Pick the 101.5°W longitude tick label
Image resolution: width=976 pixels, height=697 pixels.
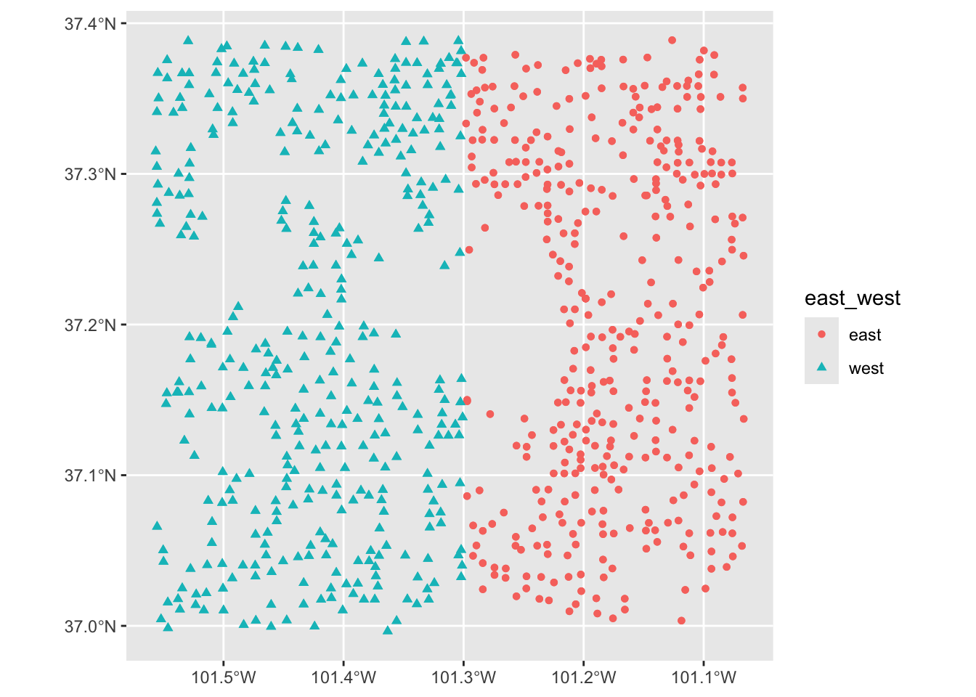[224, 678]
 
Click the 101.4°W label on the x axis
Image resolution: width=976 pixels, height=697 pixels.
[343, 678]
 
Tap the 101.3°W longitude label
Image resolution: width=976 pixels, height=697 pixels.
[463, 678]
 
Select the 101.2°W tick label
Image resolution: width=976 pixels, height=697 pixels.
[583, 678]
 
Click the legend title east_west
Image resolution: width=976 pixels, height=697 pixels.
[853, 298]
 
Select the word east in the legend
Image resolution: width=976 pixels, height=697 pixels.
[864, 335]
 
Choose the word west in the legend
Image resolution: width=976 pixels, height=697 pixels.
[866, 369]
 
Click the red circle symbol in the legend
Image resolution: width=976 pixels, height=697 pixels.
[821, 335]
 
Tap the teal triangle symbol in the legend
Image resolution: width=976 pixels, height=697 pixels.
[821, 368]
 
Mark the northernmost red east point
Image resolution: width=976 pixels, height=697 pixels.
[672, 41]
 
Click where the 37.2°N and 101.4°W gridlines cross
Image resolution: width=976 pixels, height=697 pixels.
[343, 325]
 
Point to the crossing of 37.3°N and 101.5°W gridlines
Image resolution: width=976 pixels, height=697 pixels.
[224, 174]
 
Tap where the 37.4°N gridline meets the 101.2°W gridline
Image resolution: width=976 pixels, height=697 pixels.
[583, 24]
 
